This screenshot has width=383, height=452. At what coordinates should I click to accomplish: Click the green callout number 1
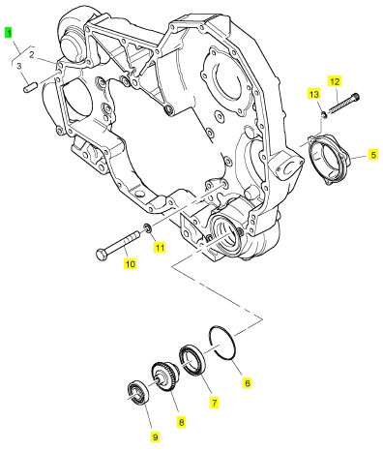tap(9, 33)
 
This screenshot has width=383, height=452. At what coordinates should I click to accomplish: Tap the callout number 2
tap(32, 55)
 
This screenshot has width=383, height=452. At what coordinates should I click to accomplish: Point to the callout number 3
tap(19, 66)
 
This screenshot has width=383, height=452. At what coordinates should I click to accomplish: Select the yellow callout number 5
tap(373, 155)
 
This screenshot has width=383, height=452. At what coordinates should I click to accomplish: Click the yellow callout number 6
tap(248, 383)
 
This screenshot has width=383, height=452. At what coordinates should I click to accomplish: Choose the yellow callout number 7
tap(214, 403)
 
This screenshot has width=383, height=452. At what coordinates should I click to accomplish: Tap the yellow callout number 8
tap(181, 422)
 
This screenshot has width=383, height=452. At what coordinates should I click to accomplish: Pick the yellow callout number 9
tap(155, 437)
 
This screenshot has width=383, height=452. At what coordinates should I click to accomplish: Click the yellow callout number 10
tap(131, 264)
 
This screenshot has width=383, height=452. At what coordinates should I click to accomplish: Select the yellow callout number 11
tap(160, 248)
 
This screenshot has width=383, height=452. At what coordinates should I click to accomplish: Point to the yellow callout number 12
tap(335, 81)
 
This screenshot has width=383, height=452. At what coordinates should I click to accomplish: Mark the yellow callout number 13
tap(313, 94)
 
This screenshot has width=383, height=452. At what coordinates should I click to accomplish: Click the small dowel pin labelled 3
tap(31, 87)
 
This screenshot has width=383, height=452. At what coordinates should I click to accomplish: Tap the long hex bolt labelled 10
tap(118, 244)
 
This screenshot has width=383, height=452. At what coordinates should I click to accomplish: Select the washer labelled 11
tap(148, 228)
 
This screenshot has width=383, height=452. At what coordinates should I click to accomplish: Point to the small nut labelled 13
tap(324, 114)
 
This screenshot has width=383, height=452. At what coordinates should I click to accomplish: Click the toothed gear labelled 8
tap(164, 377)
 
